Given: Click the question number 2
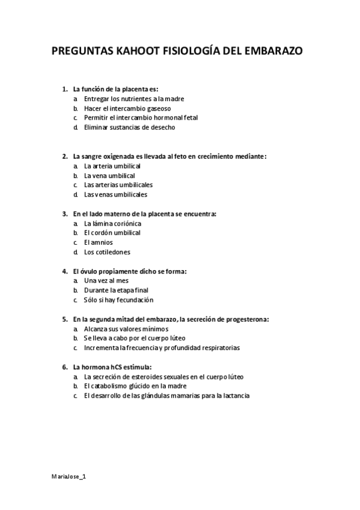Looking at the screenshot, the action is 64,156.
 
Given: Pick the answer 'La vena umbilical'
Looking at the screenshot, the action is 109,176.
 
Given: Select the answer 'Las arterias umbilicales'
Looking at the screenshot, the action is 118,185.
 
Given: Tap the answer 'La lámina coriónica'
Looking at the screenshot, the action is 113,223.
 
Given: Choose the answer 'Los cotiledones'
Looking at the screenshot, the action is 107,252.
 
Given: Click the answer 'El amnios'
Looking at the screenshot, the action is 99,242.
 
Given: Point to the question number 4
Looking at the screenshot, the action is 64,271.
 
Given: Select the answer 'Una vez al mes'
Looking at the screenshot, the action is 106,281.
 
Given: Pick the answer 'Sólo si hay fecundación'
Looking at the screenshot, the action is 119,300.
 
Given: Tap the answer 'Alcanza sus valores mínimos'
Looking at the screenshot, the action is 126,329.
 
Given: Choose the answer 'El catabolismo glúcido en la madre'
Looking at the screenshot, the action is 135,386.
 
